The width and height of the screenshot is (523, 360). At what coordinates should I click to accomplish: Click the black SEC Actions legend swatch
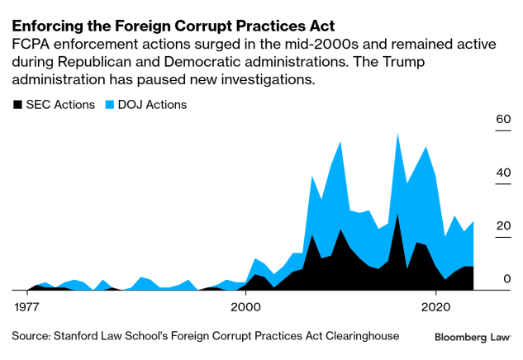click(x=17, y=105)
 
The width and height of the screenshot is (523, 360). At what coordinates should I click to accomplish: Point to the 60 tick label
click(x=502, y=119)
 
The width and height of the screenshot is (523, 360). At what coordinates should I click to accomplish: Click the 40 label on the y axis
click(x=502, y=173)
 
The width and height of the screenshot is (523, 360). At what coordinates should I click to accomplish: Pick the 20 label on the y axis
click(x=502, y=226)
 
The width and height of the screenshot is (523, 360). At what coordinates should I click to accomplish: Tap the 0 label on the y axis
click(x=506, y=279)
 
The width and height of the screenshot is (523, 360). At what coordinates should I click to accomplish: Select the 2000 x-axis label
click(x=245, y=306)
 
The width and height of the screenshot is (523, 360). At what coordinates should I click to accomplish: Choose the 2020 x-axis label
click(x=435, y=306)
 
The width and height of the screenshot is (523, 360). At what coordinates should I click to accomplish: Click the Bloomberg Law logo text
click(x=473, y=337)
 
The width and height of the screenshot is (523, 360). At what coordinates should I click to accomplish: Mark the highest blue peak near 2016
click(x=398, y=134)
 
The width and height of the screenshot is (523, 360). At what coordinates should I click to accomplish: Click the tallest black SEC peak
click(x=397, y=214)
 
